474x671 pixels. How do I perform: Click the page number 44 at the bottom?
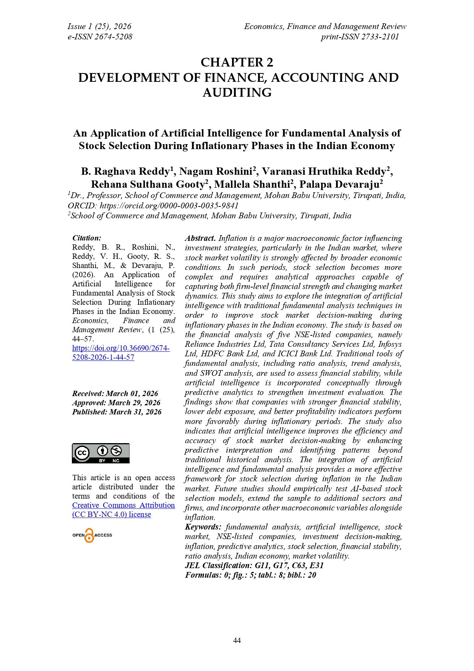[x=237, y=640]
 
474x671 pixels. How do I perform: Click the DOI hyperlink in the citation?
[x=121, y=353]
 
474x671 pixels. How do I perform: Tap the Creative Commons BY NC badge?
[x=101, y=453]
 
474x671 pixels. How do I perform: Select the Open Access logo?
[x=92, y=535]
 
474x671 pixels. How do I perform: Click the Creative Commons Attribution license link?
[x=123, y=510]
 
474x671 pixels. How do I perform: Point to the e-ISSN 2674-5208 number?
[x=100, y=37]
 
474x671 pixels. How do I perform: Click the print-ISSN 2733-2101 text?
[x=360, y=37]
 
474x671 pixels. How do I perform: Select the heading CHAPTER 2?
[x=237, y=62]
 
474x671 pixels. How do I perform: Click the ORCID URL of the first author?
[x=169, y=206]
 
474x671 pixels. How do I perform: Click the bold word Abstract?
[x=200, y=238]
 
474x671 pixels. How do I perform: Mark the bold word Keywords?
[x=203, y=527]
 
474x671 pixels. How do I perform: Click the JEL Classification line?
[x=254, y=565]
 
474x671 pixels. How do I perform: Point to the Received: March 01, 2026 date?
[x=115, y=393]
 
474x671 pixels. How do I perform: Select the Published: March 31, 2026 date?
[x=117, y=412]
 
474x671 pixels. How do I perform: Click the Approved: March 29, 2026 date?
[x=116, y=403]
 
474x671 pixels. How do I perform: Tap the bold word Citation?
[x=87, y=238]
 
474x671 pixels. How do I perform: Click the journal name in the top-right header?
[x=325, y=26]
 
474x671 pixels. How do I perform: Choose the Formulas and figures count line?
[x=250, y=575]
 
